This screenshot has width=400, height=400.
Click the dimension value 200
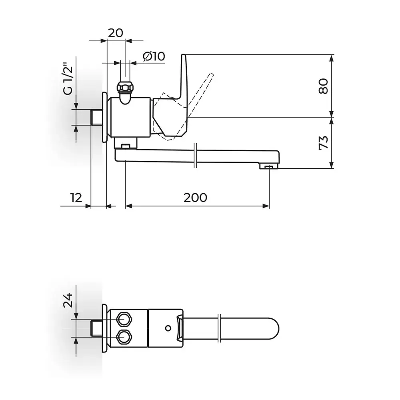coord(195,198)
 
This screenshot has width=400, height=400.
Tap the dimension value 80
coord(324,86)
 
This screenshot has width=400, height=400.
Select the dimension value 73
coord(324,143)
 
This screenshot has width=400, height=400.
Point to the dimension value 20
coord(115,33)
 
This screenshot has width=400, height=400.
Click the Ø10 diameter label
coord(154,56)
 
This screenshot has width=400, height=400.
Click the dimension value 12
coord(76,198)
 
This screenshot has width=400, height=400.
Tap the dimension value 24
coord(68,300)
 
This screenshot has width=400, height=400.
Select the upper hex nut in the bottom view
coord(124,319)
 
